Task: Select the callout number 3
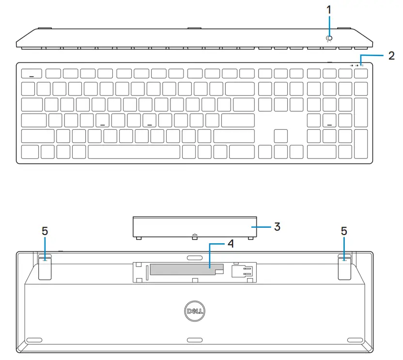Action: click(277, 226)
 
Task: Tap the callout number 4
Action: click(231, 244)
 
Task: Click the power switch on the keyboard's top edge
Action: click(329, 39)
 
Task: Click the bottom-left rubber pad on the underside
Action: click(35, 340)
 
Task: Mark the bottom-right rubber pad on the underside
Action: click(354, 340)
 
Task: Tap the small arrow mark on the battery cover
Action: click(194, 236)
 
